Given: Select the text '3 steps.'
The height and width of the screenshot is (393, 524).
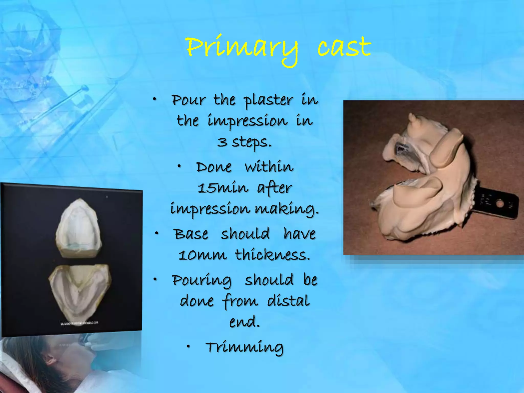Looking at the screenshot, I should coord(244,142).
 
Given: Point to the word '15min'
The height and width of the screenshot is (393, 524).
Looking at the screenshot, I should coord(223,188).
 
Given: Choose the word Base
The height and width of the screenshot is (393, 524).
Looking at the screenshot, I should coord(191,234).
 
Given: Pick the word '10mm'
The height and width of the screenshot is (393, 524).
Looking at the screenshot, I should coord(202,255).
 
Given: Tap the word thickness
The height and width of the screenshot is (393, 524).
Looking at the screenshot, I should coord(272,255).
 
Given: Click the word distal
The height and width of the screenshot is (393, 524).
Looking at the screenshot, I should coord(288,301).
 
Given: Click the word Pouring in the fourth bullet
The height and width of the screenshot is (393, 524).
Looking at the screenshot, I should coord(202,280).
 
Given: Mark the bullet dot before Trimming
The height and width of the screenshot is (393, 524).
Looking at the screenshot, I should coord(188,346).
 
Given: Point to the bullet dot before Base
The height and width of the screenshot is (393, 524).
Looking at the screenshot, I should coord(157,233).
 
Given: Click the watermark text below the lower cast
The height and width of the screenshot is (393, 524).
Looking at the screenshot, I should coord(79,324).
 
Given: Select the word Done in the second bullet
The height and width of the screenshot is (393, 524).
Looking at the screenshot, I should coord(214,167).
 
